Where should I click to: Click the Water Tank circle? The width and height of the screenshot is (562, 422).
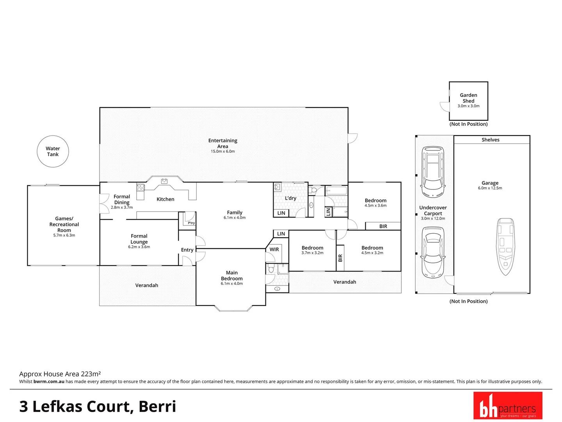tap(53, 152)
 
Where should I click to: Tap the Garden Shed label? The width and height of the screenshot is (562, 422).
tap(468, 98)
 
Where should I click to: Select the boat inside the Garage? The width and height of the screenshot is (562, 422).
tap(505, 246)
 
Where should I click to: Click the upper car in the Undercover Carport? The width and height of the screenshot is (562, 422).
tap(432, 172)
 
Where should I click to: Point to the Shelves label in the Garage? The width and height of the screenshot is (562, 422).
tap(490, 140)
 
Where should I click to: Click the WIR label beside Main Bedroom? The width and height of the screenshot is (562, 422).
tap(274, 249)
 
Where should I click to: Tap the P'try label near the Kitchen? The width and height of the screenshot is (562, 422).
tap(191, 223)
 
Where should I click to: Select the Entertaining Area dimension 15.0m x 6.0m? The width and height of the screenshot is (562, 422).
tap(223, 151)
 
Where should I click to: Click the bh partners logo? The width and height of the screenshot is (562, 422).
tap(507, 406)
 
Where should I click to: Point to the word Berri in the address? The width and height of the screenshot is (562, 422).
tap(157, 406)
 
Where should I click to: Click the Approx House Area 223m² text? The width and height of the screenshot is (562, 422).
tap(60, 374)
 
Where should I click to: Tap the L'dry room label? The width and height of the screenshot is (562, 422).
tap(290, 198)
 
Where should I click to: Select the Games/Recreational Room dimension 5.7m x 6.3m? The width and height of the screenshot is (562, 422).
tap(64, 235)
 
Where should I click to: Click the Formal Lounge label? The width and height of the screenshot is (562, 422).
tap(139, 239)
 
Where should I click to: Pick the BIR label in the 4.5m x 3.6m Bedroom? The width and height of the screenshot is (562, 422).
tap(383, 226)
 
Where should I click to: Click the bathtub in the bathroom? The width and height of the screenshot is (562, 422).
tap(336, 191)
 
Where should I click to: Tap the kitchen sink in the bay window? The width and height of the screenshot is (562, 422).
tap(164, 181)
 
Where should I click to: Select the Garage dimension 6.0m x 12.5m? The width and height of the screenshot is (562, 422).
tap(490, 188)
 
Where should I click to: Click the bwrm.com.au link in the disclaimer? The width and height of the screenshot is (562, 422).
tap(49, 381)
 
